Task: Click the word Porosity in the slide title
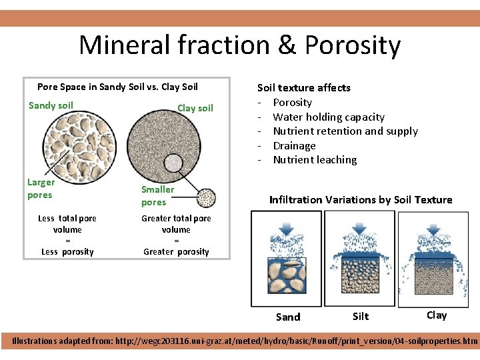[353, 45]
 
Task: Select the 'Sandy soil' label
[51, 105]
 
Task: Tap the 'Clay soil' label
[195, 108]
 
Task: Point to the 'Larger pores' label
[41, 189]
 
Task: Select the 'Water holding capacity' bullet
[328, 117]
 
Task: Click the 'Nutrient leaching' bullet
[315, 160]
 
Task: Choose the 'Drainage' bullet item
[294, 145]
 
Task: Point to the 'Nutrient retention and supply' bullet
[345, 131]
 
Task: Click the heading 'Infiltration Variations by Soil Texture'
[360, 200]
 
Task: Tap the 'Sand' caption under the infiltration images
[288, 317]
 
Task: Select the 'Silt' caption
[361, 317]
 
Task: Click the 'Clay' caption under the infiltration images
[437, 315]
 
